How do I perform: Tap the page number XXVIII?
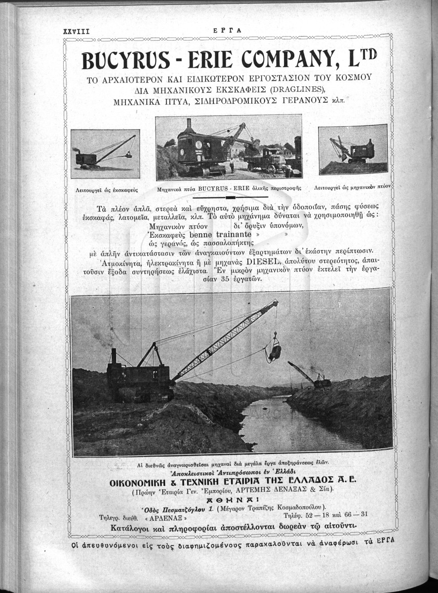(76, 31)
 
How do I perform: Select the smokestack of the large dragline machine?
(113, 356)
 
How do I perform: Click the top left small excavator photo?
(105, 153)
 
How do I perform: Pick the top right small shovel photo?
(353, 149)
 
